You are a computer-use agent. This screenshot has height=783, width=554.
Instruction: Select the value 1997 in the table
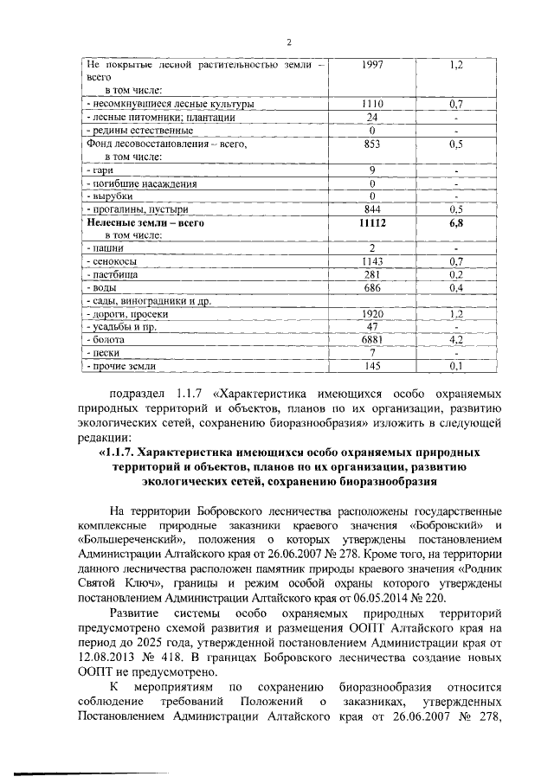click(x=371, y=64)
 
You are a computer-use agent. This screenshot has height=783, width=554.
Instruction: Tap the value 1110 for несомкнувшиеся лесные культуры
click(x=371, y=104)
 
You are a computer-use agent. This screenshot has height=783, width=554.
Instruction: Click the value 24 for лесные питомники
click(x=371, y=118)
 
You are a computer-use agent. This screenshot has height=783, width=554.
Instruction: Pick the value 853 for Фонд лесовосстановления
click(x=371, y=144)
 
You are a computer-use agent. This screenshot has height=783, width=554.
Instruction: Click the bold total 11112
click(x=371, y=222)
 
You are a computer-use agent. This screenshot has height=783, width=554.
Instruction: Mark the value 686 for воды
click(x=371, y=287)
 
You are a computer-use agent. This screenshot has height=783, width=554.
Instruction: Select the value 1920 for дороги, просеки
click(x=371, y=314)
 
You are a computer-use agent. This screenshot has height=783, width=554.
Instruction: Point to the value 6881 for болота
click(x=371, y=340)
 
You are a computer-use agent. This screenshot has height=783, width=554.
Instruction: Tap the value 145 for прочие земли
click(x=371, y=367)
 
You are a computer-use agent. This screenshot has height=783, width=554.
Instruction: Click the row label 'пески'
click(x=100, y=354)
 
